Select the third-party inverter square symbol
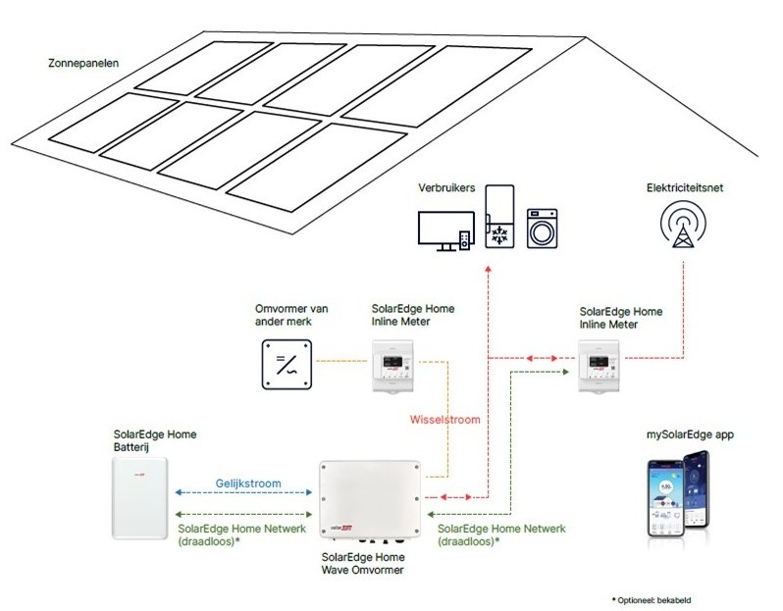(287, 365)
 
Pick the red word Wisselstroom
(444, 419)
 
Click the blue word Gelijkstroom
(248, 484)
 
